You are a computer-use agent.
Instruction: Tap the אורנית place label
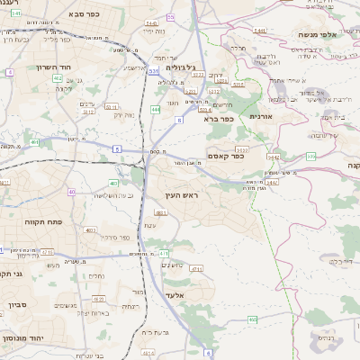[x=260, y=116]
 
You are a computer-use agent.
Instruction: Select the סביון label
[x=18, y=305]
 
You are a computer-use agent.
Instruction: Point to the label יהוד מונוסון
[x=27, y=335]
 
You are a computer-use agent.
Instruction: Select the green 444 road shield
[x=156, y=110]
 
